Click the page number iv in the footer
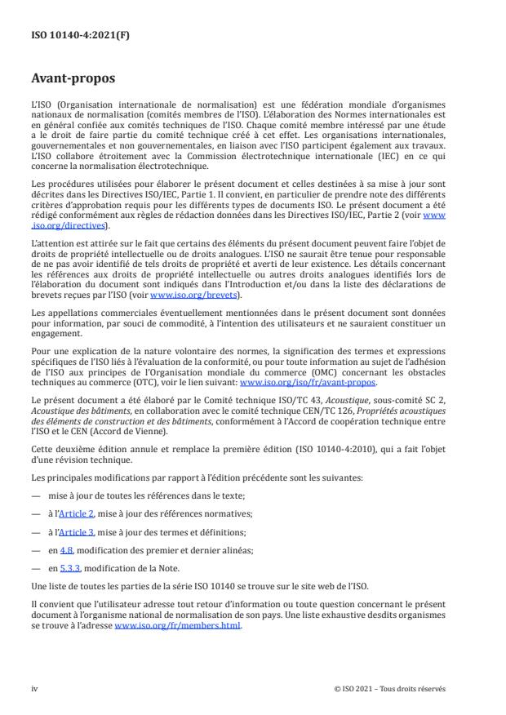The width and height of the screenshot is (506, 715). (x=34, y=689)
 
